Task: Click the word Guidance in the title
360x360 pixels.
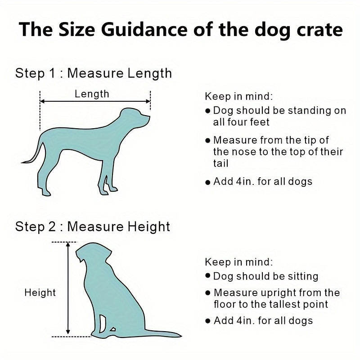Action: click(x=144, y=30)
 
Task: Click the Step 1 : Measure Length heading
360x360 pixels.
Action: click(x=94, y=73)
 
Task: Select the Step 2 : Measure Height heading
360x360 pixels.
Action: click(x=93, y=227)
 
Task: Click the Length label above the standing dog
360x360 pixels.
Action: click(x=92, y=94)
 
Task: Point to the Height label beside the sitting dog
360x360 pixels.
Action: click(x=40, y=293)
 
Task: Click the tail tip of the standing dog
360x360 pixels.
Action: click(x=22, y=162)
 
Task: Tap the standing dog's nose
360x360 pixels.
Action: click(x=149, y=117)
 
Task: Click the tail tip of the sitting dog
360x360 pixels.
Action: click(x=181, y=336)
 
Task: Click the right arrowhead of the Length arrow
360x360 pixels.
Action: click(x=148, y=101)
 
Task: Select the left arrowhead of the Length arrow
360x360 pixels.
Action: click(x=42, y=101)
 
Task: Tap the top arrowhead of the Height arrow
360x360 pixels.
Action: click(x=68, y=245)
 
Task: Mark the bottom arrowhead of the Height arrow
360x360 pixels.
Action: click(x=68, y=332)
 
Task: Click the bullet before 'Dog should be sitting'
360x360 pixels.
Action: click(x=208, y=275)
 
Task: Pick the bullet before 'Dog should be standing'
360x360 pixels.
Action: click(x=208, y=111)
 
